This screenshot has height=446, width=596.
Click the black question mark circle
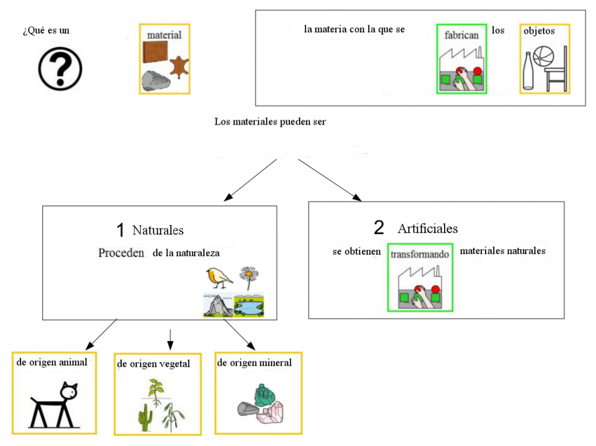[x=60, y=68]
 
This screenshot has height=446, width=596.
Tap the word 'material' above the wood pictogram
[x=164, y=35]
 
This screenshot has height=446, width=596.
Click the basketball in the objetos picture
[x=543, y=56]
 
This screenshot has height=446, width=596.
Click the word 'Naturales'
[x=158, y=230]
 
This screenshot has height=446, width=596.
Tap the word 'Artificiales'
[x=427, y=229]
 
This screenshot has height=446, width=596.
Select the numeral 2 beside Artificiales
[x=379, y=227]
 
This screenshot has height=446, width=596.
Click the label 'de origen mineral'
[x=255, y=363]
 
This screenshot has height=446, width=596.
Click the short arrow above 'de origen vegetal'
[x=170, y=338]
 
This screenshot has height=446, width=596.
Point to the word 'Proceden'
[x=121, y=253]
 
